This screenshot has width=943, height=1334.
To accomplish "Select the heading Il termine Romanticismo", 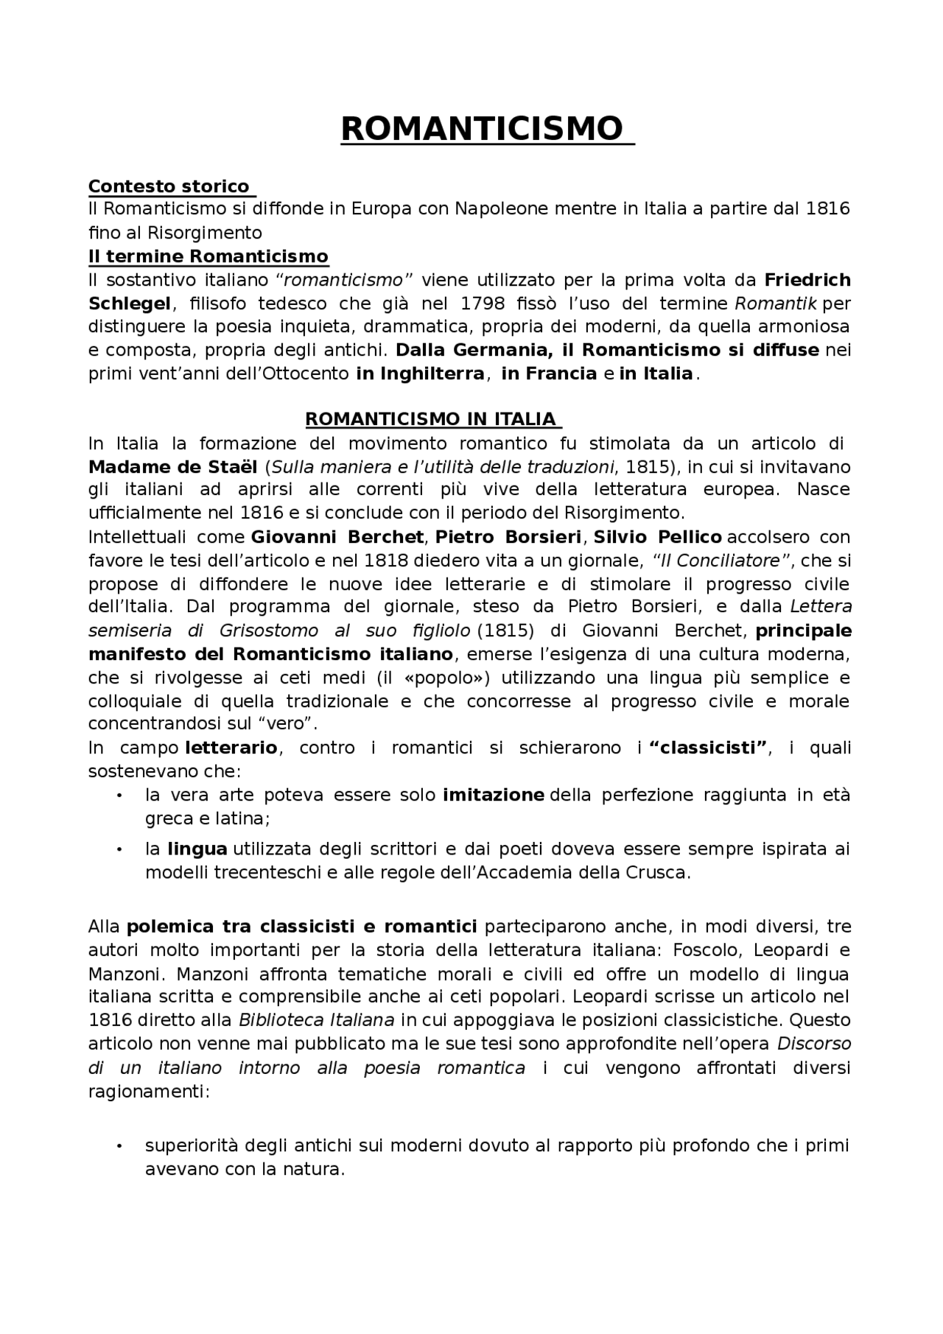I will tap(208, 256).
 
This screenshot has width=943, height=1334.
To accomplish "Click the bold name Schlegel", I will tap(130, 303).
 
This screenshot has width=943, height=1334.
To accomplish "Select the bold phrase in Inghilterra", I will tap(420, 374).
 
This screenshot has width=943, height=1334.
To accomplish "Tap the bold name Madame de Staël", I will tap(172, 467).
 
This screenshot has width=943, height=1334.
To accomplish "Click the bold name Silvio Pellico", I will tap(657, 537).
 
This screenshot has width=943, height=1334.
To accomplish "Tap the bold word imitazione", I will tap(493, 796).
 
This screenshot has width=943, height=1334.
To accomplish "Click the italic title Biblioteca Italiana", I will tap(316, 1021).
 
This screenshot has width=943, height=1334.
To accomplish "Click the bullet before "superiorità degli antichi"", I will tap(119, 1147).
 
